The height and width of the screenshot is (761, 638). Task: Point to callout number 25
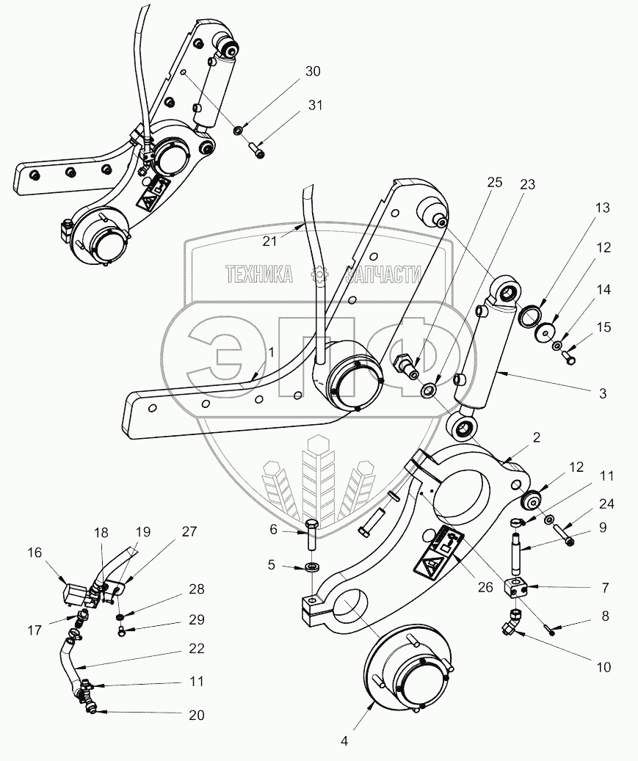pyautogui.click(x=495, y=183)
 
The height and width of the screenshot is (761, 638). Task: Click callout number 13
pyautogui.click(x=602, y=208)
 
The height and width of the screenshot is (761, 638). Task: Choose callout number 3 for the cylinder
pyautogui.click(x=602, y=393)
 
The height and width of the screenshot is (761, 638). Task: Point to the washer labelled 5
pyautogui.click(x=311, y=567)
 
